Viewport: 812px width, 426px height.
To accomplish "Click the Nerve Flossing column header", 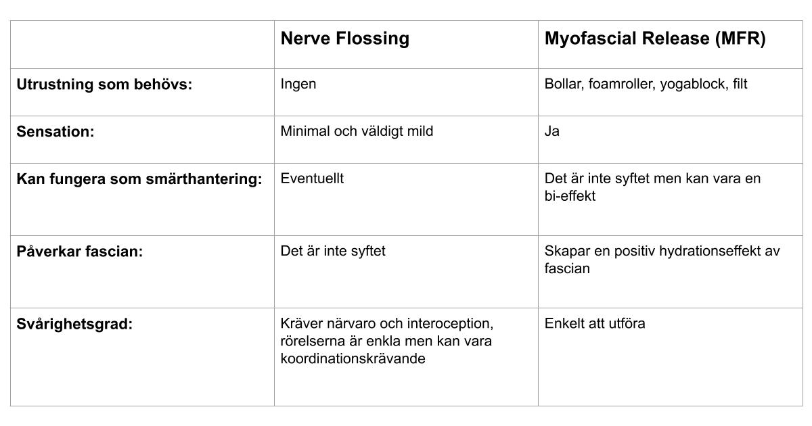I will click(x=344, y=39).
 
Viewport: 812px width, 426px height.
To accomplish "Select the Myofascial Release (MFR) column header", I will click(x=655, y=39).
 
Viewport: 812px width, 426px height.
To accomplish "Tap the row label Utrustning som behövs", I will click(x=104, y=85).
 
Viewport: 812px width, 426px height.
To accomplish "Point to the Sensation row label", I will click(x=55, y=132).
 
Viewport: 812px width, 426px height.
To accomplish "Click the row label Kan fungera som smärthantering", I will click(x=139, y=179).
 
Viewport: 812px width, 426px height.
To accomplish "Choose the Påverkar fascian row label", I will click(x=79, y=252).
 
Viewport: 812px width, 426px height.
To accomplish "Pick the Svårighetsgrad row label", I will click(x=74, y=324).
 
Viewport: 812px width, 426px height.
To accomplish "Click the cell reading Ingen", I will click(x=298, y=85).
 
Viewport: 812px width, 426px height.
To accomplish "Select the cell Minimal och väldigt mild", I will click(x=357, y=131).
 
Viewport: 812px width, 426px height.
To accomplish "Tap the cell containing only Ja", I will click(x=551, y=131).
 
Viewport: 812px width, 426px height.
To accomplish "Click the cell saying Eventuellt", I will click(x=312, y=179).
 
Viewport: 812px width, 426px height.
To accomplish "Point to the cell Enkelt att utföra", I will click(x=595, y=323).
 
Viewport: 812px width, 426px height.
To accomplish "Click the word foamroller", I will click(x=618, y=85).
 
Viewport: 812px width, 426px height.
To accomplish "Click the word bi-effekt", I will click(x=570, y=197).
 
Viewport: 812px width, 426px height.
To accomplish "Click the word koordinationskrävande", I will click(x=353, y=358).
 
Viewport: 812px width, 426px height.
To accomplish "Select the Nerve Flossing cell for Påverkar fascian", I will click(x=333, y=251).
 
